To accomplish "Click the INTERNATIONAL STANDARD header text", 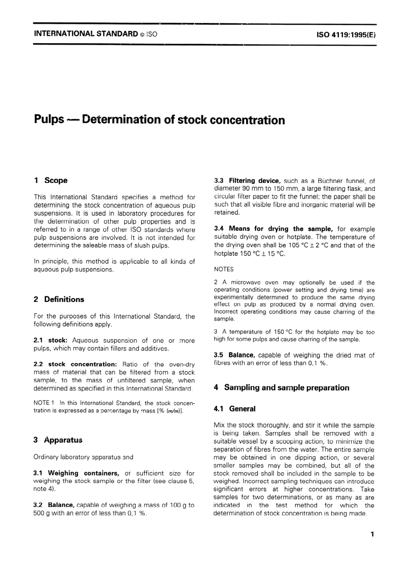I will [x=86, y=34].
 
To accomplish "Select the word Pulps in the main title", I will [x=49, y=120].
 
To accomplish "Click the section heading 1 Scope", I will [x=51, y=180].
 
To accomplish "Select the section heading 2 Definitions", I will [x=59, y=299].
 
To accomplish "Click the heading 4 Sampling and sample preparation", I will [x=281, y=388].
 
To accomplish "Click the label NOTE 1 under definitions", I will [x=44, y=403].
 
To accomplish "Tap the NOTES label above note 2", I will [x=224, y=269].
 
